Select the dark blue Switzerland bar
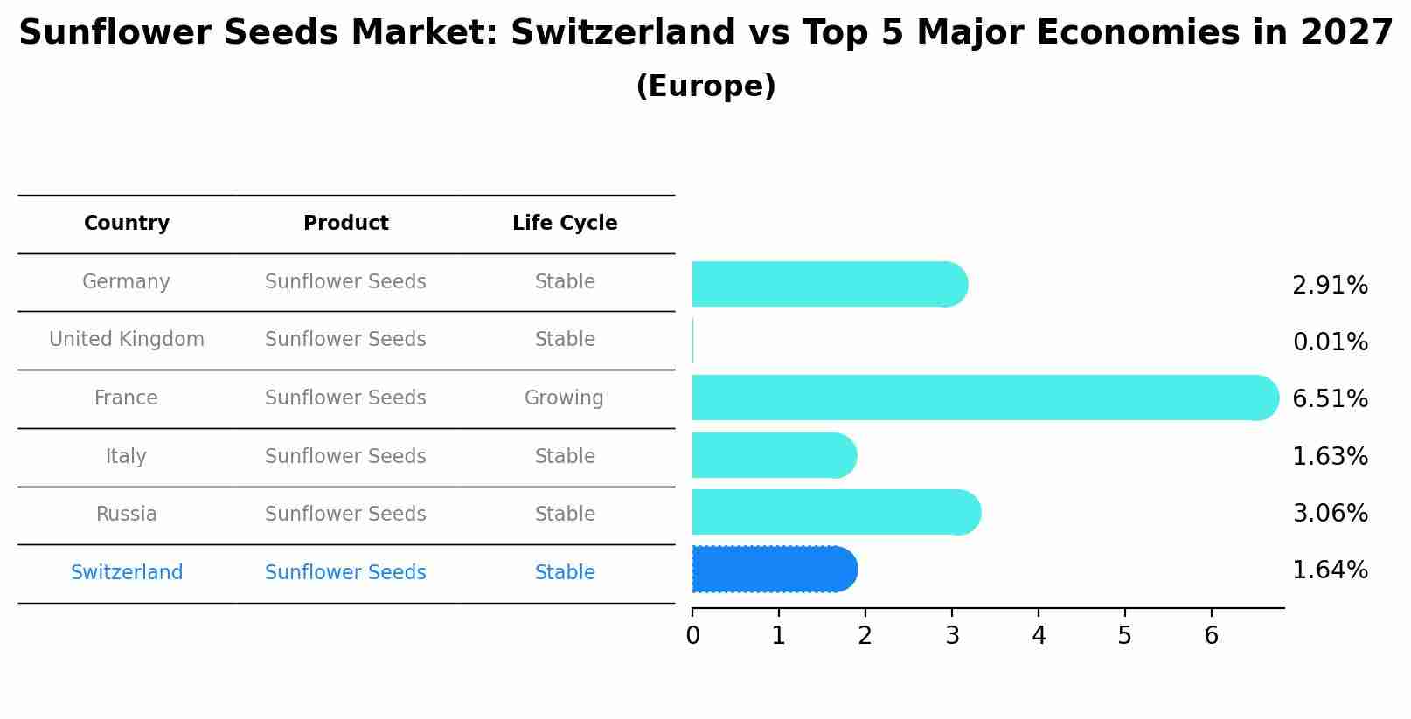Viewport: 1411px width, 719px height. tap(774, 569)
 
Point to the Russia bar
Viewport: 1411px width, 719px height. tap(836, 512)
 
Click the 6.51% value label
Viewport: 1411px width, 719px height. tap(1330, 398)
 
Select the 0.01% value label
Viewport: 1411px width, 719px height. tap(1330, 342)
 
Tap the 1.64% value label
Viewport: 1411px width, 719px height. tap(1330, 570)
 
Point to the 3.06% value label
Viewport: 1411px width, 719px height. tap(1330, 513)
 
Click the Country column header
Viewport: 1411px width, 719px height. tap(127, 223)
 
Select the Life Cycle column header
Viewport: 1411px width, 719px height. tap(565, 223)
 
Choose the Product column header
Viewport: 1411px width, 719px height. tap(345, 223)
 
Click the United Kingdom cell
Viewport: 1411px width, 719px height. tap(127, 339)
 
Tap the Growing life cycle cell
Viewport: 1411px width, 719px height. tap(564, 398)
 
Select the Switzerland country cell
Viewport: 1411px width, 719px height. tap(127, 572)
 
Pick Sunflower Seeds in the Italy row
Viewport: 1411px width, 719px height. tap(345, 456)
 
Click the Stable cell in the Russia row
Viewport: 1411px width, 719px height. tap(565, 514)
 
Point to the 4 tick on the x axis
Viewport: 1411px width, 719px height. tap(1039, 635)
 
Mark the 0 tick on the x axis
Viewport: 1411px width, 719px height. tap(692, 635)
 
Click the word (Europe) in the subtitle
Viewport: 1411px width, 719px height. tap(705, 86)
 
